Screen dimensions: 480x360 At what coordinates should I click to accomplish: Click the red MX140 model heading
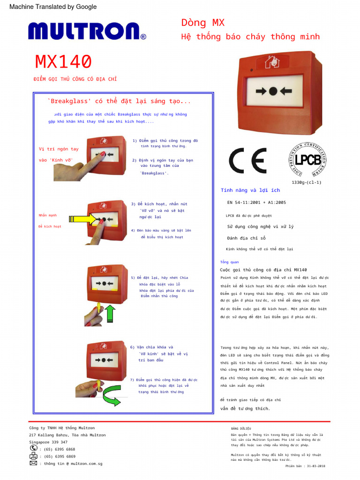pyautogui.click(x=63, y=62)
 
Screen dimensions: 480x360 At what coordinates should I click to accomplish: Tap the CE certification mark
pyautogui.click(x=247, y=161)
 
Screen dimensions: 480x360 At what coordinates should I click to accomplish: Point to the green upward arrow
pyautogui.click(x=109, y=314)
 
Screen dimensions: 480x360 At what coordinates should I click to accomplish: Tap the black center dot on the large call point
pyautogui.click(x=272, y=91)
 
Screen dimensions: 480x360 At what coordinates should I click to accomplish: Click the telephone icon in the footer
pyautogui.click(x=34, y=449)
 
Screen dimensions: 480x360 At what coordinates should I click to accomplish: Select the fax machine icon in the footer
pyautogui.click(x=34, y=456)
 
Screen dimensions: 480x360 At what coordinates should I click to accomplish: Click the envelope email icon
pyautogui.click(x=34, y=463)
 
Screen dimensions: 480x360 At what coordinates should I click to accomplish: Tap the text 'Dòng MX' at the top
pyautogui.click(x=203, y=22)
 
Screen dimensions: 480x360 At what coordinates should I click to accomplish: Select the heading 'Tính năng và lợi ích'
pyautogui.click(x=250, y=190)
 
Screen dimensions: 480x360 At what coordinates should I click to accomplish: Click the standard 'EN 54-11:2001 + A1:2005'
pyautogui.click(x=256, y=202)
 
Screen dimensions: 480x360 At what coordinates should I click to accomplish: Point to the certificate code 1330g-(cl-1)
pyautogui.click(x=307, y=182)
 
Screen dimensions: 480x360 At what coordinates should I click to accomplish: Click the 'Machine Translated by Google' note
pyautogui.click(x=53, y=7)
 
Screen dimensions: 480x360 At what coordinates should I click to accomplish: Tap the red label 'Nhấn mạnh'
pyautogui.click(x=47, y=215)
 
